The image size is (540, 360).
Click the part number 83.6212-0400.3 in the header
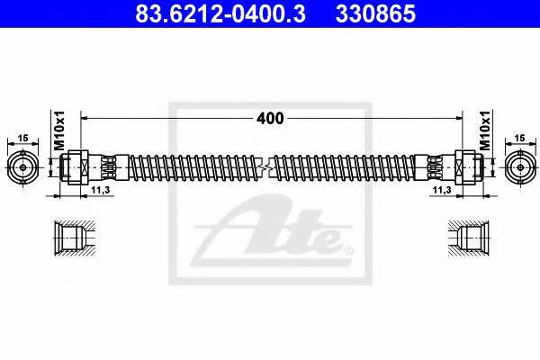pyautogui.click(x=220, y=13)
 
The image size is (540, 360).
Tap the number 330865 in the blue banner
pyautogui.click(x=375, y=13)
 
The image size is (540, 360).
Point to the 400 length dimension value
pyautogui.click(x=270, y=119)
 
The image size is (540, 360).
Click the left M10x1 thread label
pyautogui.click(x=59, y=130)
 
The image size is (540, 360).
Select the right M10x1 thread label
pyautogui.click(x=484, y=130)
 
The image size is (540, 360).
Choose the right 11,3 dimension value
pyautogui.click(x=442, y=190)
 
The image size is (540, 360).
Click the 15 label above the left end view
pyautogui.click(x=23, y=138)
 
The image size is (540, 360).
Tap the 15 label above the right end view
pyautogui.click(x=519, y=138)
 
